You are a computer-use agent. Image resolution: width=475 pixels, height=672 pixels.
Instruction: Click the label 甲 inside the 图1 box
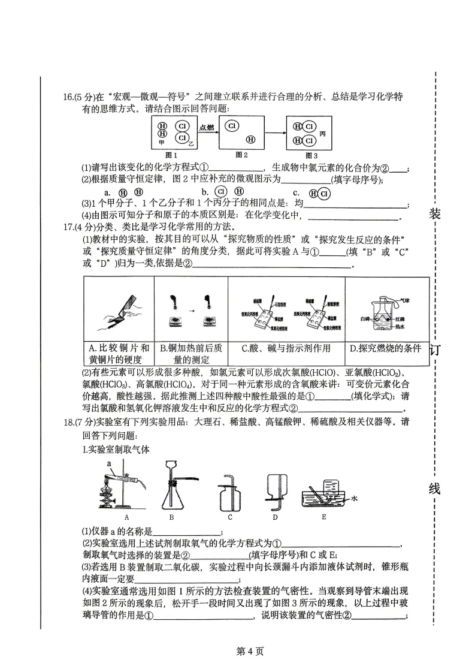[x=161, y=143]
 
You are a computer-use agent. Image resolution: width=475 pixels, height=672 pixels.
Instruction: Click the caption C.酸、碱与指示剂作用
[x=287, y=348]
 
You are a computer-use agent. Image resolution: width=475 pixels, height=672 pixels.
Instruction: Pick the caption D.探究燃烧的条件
[x=386, y=348]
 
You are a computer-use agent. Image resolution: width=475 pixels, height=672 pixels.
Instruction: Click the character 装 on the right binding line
[x=435, y=214]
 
